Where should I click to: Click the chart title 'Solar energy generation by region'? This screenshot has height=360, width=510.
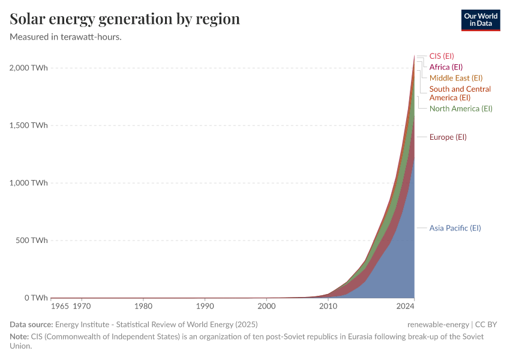[125, 19]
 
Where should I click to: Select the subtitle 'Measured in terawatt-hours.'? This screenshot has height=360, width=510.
[66, 37]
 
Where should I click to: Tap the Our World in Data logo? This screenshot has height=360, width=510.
[480, 20]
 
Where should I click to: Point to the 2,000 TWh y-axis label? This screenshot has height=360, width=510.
[28, 68]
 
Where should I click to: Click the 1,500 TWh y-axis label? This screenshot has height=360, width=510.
[28, 125]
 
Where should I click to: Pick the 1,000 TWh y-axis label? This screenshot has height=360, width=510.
[28, 183]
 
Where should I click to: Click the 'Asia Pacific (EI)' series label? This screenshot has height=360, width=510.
[455, 228]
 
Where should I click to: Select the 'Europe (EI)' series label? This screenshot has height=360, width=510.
[448, 137]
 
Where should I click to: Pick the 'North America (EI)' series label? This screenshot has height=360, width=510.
[461, 109]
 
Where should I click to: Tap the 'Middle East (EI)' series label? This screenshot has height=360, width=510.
[456, 78]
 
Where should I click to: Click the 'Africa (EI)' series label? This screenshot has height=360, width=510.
[446, 67]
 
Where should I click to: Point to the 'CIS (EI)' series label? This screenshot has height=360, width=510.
[441, 56]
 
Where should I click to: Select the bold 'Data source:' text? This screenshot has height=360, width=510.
[31, 325]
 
